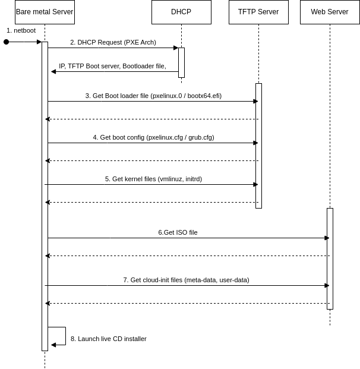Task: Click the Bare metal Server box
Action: pos(45,12)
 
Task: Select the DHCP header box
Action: pos(181,12)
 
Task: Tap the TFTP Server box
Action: pos(258,12)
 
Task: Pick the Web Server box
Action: pos(330,12)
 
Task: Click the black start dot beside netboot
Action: pos(6,42)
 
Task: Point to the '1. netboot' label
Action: pos(21,30)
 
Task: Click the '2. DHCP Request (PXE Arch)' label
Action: pos(113,42)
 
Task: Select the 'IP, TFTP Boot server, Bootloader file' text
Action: pos(112,66)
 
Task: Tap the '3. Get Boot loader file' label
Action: pos(153,96)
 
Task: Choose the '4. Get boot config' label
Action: pos(153,137)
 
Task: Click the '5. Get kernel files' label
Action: pos(153,179)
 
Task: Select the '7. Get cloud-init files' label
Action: pos(186,280)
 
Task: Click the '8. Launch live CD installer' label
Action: pos(109,339)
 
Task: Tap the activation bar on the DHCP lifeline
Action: pos(181,62)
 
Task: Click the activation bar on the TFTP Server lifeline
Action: pos(258,146)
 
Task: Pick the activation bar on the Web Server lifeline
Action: pos(330,258)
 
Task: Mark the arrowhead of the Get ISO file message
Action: pos(326,238)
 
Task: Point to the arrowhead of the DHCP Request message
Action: pos(175,48)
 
